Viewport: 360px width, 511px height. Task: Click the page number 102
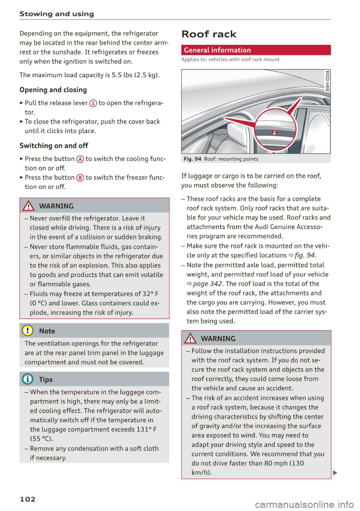27,499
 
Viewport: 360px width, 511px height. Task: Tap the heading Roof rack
209,34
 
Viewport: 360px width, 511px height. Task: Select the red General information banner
256,50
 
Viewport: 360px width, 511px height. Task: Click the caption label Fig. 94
192,159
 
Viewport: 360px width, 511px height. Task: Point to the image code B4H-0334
327,81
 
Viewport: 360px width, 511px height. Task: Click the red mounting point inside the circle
274,133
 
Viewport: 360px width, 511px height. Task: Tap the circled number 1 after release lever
93,103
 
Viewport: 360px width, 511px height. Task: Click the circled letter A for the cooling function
80,159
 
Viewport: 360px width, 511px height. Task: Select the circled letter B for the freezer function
80,178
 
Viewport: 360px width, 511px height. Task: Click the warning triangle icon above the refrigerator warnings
28,206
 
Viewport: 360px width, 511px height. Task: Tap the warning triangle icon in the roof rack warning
190,339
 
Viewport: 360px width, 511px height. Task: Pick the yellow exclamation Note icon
28,331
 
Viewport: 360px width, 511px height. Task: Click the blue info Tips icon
28,379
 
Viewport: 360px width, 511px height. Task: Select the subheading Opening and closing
53,90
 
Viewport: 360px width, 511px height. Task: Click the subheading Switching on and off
54,145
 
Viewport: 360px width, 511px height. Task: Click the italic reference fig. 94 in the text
304,255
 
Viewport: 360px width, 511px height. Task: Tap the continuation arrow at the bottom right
335,472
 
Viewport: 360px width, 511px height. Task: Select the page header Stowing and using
57,14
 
